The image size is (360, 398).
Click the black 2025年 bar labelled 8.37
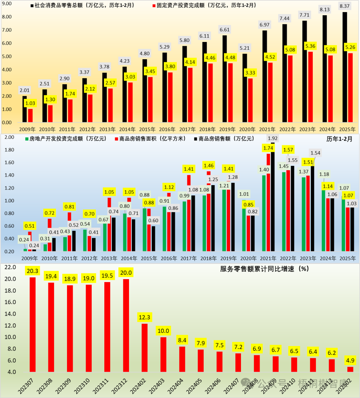(x=345, y=67)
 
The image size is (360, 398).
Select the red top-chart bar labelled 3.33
(x=250, y=100)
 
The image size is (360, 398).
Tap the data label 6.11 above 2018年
(x=204, y=36)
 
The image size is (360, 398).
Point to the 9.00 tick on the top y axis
(x=7, y=3)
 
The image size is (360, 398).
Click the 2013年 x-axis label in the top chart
(x=107, y=129)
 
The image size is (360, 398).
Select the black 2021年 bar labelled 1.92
(x=273, y=197)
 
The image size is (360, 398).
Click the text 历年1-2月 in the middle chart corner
(x=339, y=139)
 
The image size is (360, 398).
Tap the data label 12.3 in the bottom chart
(x=144, y=317)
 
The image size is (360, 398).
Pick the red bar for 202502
(x=350, y=369)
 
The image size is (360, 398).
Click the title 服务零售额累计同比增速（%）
(x=264, y=269)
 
